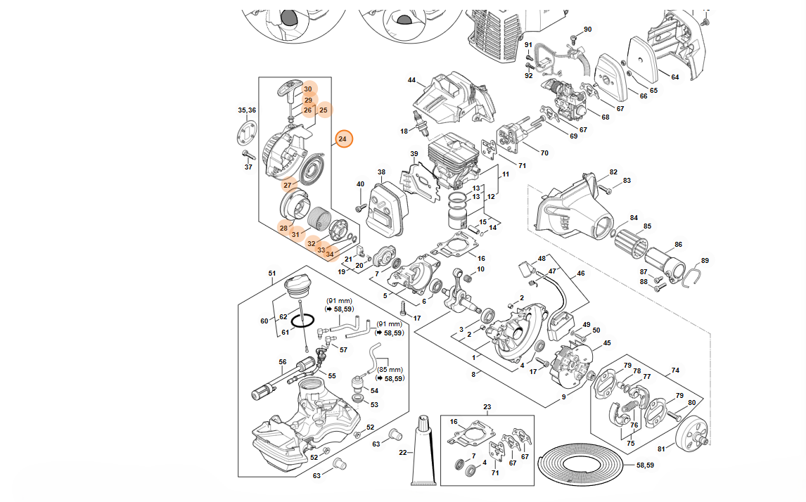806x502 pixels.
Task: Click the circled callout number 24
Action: coord(343,139)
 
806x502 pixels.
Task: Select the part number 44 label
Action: coord(411,80)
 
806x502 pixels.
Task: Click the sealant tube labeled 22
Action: coord(426,450)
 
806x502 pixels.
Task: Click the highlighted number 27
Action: coord(287,186)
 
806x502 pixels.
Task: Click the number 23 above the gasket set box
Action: coord(487,407)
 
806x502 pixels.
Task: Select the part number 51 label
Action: coord(272,273)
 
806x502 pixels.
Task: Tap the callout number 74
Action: coord(675,370)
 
